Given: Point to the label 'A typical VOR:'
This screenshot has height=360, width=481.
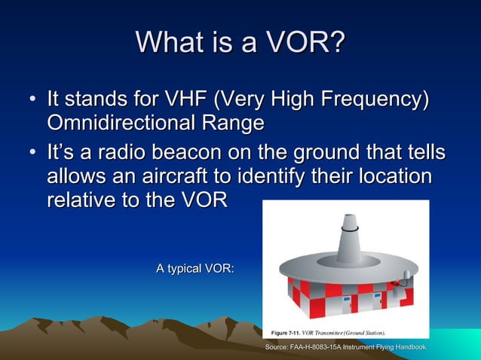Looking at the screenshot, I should pyautogui.click(x=195, y=267).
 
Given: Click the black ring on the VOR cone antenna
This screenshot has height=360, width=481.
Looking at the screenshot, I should pyautogui.click(x=350, y=227).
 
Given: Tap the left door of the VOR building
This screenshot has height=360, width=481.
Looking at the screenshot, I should pyautogui.click(x=346, y=302).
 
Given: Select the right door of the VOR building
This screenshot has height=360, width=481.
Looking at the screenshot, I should pyautogui.click(x=376, y=301).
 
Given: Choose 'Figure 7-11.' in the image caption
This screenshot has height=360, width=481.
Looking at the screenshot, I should pyautogui.click(x=287, y=332).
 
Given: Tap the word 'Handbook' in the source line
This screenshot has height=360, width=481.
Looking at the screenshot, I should pyautogui.click(x=407, y=346).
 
